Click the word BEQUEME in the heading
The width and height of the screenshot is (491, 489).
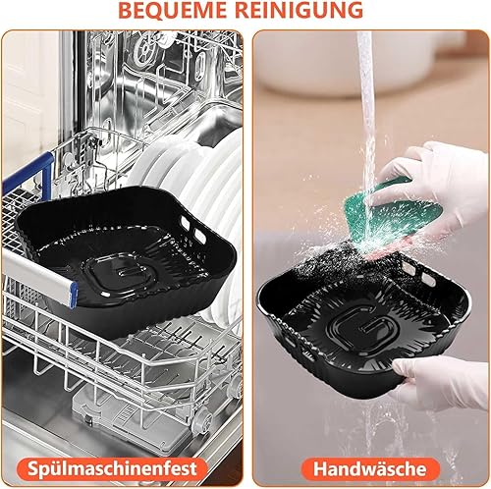pyautogui.click(x=173, y=10)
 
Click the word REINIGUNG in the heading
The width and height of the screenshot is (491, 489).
pyautogui.click(x=299, y=10)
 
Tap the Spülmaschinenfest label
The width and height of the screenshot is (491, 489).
pyautogui.click(x=112, y=468)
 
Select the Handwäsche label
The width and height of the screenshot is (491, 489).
pyautogui.click(x=370, y=468)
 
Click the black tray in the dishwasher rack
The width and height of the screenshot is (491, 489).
pyautogui.click(x=126, y=258)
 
